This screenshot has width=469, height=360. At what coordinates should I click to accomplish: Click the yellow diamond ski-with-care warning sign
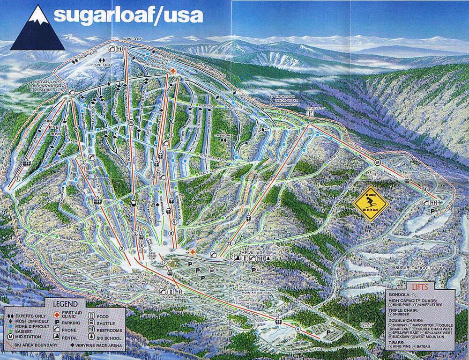coord(370,202)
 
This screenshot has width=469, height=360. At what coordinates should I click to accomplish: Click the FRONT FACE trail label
coord(99,65)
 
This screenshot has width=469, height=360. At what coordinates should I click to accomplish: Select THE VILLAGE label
coord(249,253)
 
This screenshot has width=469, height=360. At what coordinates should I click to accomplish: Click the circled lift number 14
coord(424,189)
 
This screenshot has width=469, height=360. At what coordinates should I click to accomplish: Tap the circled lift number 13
coord(230,244)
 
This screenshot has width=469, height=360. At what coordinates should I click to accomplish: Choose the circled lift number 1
coord(18,178)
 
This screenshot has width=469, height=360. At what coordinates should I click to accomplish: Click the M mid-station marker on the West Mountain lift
coord(377,162)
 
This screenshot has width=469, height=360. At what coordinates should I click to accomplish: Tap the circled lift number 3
coord(83,162)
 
